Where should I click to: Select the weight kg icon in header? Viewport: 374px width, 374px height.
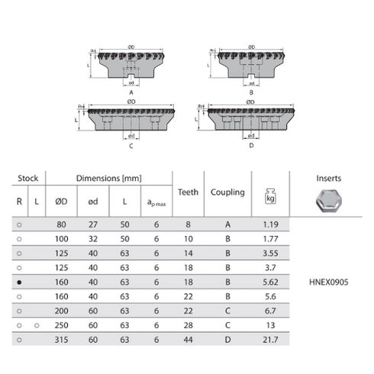click(269, 196)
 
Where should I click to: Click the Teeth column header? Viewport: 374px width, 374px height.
click(188, 192)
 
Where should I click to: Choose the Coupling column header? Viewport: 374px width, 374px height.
click(227, 192)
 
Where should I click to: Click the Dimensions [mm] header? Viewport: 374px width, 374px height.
click(108, 178)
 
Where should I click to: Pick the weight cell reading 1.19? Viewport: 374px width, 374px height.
click(269, 224)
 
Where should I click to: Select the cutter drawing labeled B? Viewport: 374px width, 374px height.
click(249, 66)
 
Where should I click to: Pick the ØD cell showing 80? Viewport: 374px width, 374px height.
click(62, 224)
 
